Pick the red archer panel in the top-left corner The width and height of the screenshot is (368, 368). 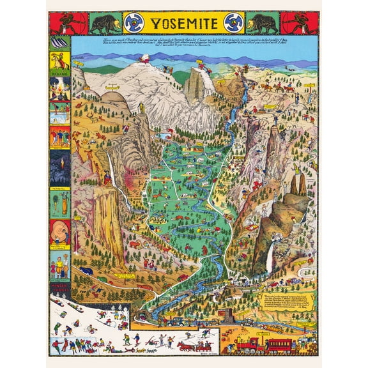(65, 24)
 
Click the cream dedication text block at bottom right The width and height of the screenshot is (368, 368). (287, 306)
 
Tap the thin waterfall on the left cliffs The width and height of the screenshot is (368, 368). (114, 174)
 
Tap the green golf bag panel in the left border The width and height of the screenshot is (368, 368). (59, 204)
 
